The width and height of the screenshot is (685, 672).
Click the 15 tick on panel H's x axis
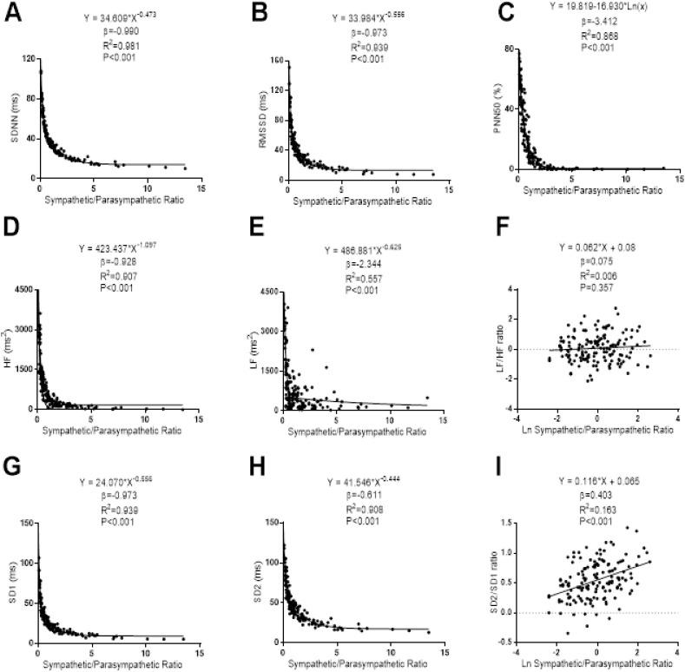pos(444,653)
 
